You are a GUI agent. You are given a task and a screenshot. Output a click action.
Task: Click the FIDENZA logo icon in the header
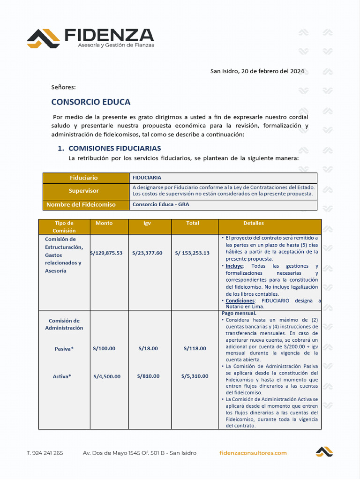click(x=43, y=38)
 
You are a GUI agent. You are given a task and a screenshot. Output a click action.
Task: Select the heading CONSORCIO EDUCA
click(x=90, y=102)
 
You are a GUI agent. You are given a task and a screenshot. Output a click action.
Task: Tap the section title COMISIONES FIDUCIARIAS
click(x=114, y=148)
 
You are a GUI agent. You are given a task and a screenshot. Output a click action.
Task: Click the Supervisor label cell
click(x=84, y=191)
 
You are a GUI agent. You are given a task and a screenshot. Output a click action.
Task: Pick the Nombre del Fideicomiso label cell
click(x=81, y=205)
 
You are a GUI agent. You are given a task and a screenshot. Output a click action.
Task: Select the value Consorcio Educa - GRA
click(x=161, y=205)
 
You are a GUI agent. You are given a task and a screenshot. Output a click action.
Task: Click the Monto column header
click(x=104, y=223)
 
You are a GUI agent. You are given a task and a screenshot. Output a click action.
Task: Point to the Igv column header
click(x=147, y=223)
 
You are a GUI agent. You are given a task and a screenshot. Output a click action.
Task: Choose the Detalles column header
click(x=254, y=223)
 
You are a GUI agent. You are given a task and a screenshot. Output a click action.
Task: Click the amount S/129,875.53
click(x=106, y=253)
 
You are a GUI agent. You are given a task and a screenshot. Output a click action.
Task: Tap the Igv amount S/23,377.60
click(x=147, y=253)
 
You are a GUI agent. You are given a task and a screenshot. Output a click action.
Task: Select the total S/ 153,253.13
click(x=192, y=253)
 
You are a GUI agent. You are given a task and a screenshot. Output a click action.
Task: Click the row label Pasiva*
click(x=64, y=349)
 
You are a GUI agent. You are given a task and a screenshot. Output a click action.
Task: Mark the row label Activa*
click(x=62, y=376)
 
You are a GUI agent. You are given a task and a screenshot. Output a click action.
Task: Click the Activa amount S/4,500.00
click(x=107, y=376)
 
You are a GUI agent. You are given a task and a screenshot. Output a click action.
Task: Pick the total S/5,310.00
click(x=195, y=376)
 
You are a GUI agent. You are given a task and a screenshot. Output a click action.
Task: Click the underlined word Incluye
click(x=234, y=266)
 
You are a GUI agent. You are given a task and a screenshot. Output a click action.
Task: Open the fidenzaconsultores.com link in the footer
click(x=253, y=453)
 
